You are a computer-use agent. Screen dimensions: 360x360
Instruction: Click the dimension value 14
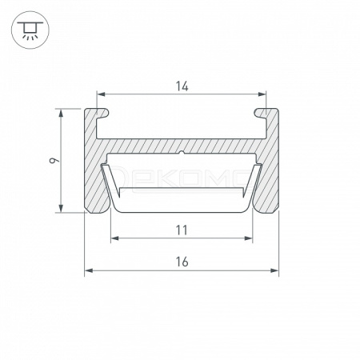[182, 86]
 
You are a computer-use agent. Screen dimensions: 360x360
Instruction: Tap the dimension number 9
[54, 160]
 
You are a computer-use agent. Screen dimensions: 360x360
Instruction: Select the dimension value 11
[182, 230]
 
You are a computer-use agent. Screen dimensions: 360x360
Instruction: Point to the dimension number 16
[182, 262]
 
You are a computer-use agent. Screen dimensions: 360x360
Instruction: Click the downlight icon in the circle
[30, 30]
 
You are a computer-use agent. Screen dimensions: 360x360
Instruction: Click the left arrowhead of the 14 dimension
[101, 94]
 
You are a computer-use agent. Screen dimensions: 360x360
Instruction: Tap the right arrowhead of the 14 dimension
[262, 94]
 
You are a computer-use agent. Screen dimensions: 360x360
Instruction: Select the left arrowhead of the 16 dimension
[89, 270]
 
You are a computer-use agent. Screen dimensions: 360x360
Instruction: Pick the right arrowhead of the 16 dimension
[274, 270]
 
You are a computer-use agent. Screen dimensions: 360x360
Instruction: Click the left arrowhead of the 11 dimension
[114, 238]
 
